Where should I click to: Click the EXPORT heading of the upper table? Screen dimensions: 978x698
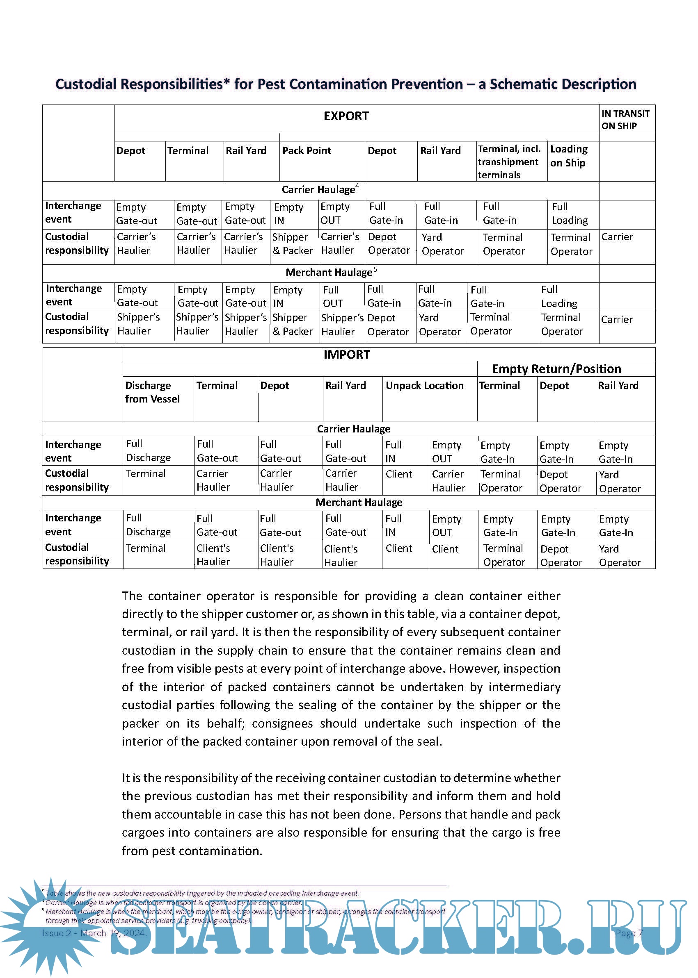point(346,116)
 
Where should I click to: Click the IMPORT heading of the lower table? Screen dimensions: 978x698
point(346,354)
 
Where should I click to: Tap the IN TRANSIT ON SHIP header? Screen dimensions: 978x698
point(625,119)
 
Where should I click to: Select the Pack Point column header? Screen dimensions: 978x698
point(307,151)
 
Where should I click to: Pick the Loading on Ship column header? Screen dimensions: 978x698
point(569,156)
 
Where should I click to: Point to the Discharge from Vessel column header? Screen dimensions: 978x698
point(152,392)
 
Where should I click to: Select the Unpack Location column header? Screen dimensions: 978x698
point(424,386)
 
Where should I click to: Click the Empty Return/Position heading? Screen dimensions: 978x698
point(556,369)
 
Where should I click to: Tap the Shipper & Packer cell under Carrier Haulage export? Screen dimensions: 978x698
point(292,244)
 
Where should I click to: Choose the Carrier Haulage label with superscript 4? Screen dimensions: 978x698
point(318,189)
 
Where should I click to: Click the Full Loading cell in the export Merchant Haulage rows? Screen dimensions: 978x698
point(559,296)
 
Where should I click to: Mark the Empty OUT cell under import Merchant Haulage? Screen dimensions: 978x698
point(446,525)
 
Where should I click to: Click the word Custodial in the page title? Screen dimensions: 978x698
point(86,84)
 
